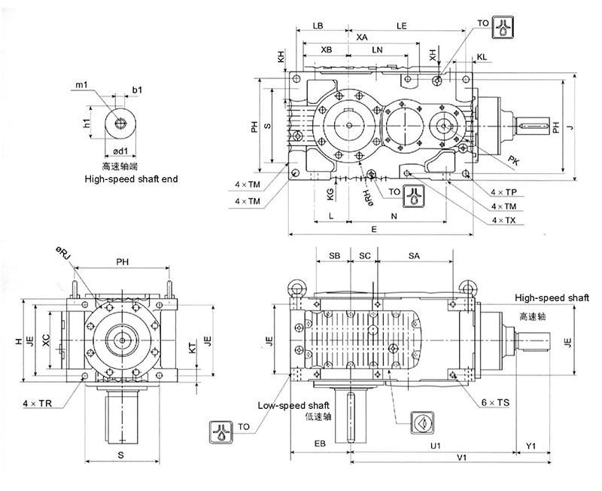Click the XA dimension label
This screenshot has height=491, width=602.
pyautogui.click(x=362, y=37)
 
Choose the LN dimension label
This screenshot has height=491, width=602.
pyautogui.click(x=377, y=50)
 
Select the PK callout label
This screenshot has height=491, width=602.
pyautogui.click(x=513, y=160)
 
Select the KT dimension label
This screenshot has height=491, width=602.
pyautogui.click(x=193, y=347)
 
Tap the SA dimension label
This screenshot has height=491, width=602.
pyautogui.click(x=414, y=256)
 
